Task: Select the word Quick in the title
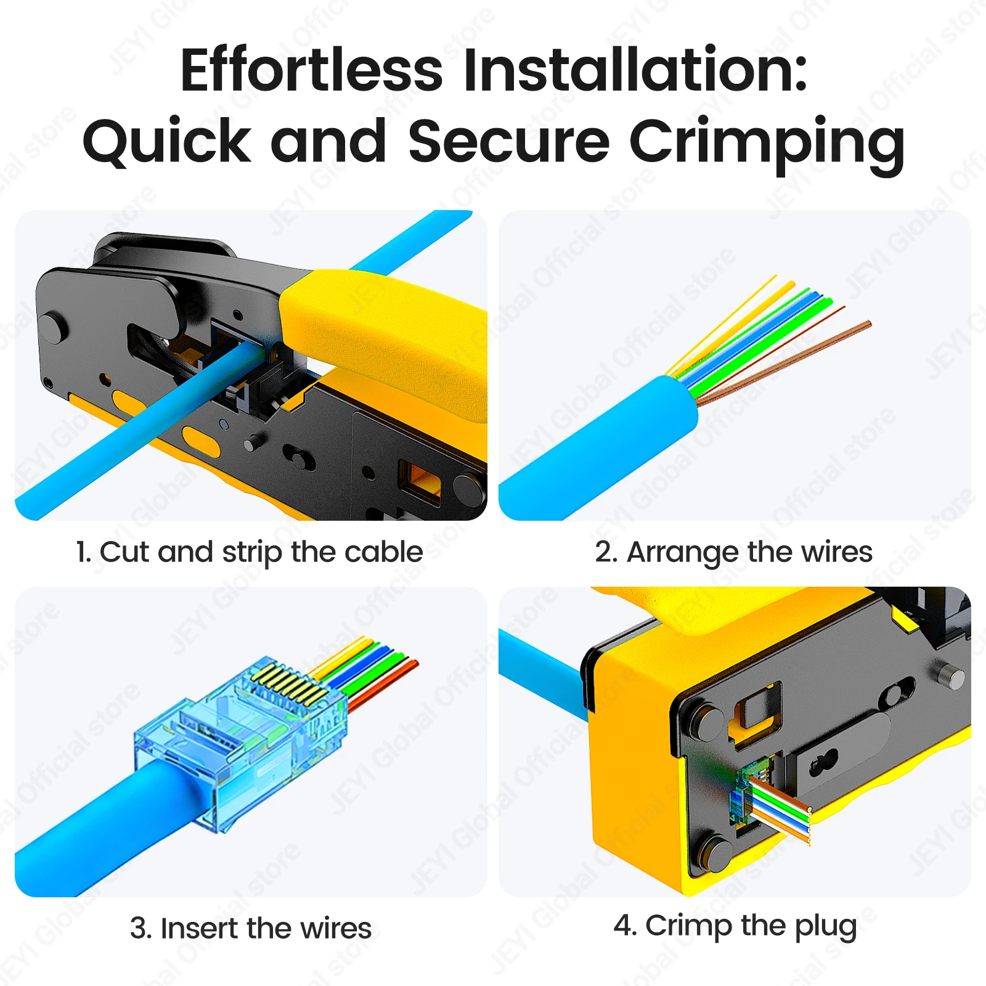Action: pos(166,142)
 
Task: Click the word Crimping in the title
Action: pos(767,145)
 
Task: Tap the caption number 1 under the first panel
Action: pos(83,552)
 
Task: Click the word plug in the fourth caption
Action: pos(826,927)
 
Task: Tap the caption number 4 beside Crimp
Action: pos(624,925)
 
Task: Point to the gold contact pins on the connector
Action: pos(290,684)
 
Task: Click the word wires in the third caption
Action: pos(332,928)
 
